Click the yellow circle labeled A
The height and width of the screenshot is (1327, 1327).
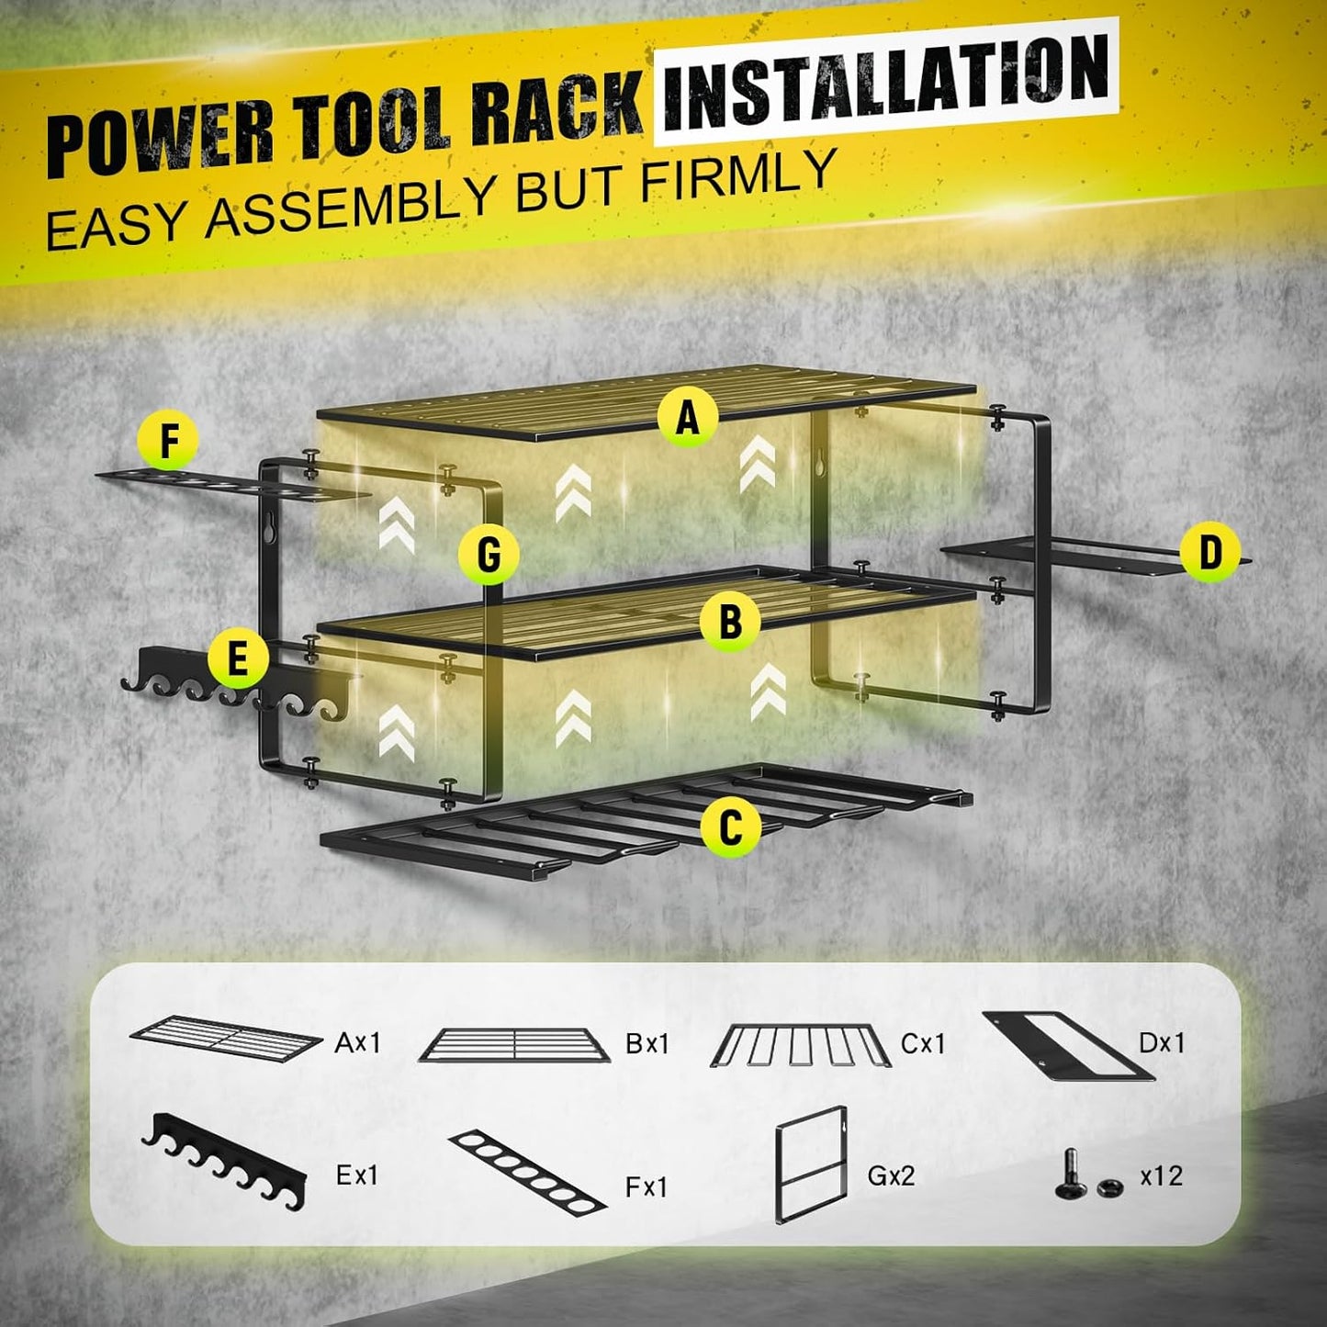688,418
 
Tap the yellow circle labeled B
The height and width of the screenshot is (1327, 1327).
730,622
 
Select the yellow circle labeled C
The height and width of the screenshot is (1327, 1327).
730,827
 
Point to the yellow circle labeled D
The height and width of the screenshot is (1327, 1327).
1210,554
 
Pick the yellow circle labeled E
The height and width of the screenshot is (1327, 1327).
238,658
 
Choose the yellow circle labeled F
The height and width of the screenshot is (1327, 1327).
169,441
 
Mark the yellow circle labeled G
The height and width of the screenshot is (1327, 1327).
489,555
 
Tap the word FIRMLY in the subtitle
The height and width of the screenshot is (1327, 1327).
738,177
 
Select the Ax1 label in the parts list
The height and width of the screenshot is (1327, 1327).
357,1043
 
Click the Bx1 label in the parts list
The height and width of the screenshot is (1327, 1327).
647,1044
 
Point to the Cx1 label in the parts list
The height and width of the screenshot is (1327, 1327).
922,1044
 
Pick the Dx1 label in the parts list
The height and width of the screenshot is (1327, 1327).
1162,1043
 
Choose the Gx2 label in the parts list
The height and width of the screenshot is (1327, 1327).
891,1175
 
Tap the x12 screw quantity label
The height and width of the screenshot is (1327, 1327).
1161,1175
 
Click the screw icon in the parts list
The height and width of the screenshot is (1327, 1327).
1070,1174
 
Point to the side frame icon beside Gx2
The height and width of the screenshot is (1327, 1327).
810,1164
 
